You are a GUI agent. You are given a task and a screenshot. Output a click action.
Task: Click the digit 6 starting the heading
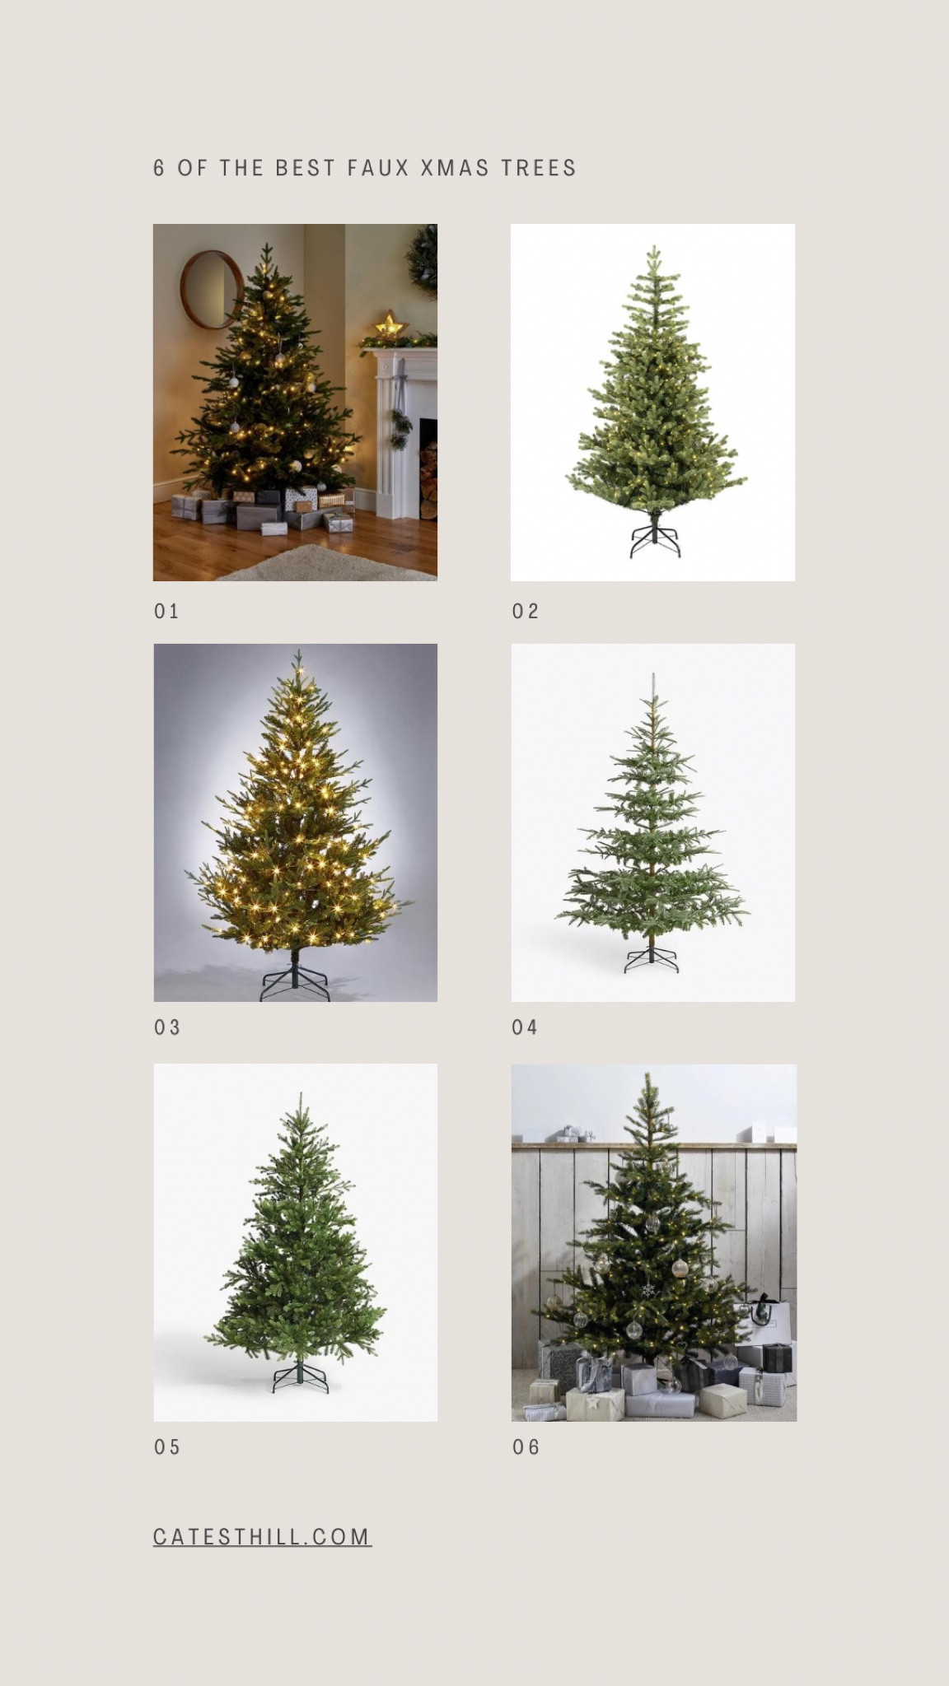tap(159, 168)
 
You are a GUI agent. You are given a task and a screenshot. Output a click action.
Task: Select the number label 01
tap(166, 611)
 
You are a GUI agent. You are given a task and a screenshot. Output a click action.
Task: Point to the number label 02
tap(525, 611)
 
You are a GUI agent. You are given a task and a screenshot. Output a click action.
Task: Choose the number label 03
tap(166, 1027)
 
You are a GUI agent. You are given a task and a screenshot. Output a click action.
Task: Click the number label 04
tap(525, 1027)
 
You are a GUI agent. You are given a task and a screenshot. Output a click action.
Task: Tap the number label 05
tap(166, 1447)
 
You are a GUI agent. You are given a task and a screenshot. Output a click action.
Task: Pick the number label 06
tap(526, 1447)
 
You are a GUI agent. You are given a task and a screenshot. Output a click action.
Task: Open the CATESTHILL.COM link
tap(262, 1537)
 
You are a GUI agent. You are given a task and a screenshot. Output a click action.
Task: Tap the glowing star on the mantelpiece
tap(390, 324)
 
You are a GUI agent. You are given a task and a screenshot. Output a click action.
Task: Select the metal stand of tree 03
tap(295, 982)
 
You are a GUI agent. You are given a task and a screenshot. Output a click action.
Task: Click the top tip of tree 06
tap(647, 1077)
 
